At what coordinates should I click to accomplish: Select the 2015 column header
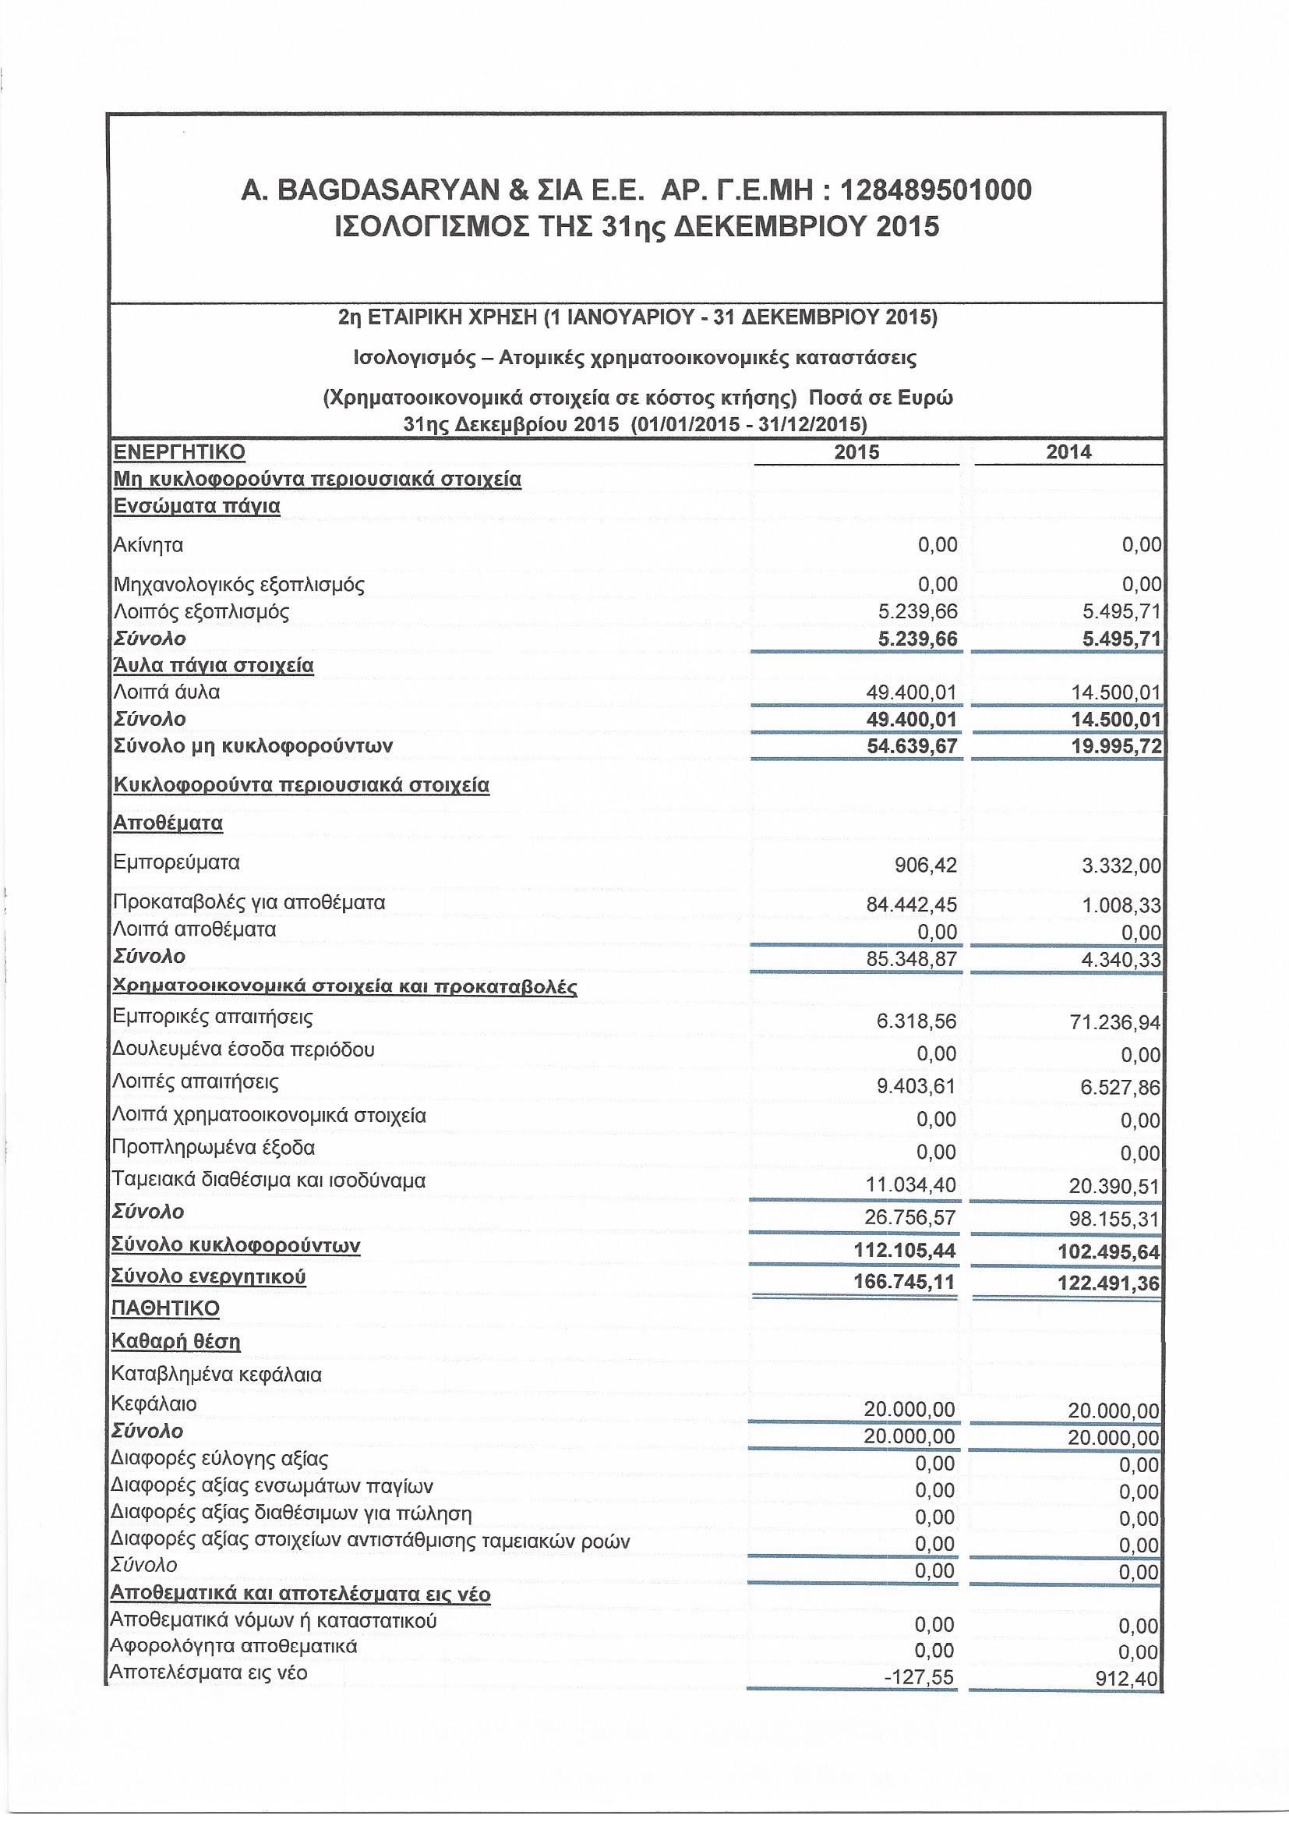tap(856, 452)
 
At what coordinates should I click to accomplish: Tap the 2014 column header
tap(1068, 452)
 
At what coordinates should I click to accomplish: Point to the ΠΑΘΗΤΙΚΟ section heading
tap(166, 1308)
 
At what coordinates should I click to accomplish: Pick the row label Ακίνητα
tap(148, 546)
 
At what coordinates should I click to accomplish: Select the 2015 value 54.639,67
tap(912, 746)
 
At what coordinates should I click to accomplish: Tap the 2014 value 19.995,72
tap(1115, 747)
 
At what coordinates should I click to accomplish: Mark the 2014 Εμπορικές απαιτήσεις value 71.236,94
tap(1115, 1023)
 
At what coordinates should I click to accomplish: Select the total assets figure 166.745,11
tap(904, 1283)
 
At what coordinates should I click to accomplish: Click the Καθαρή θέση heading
tap(175, 1342)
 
